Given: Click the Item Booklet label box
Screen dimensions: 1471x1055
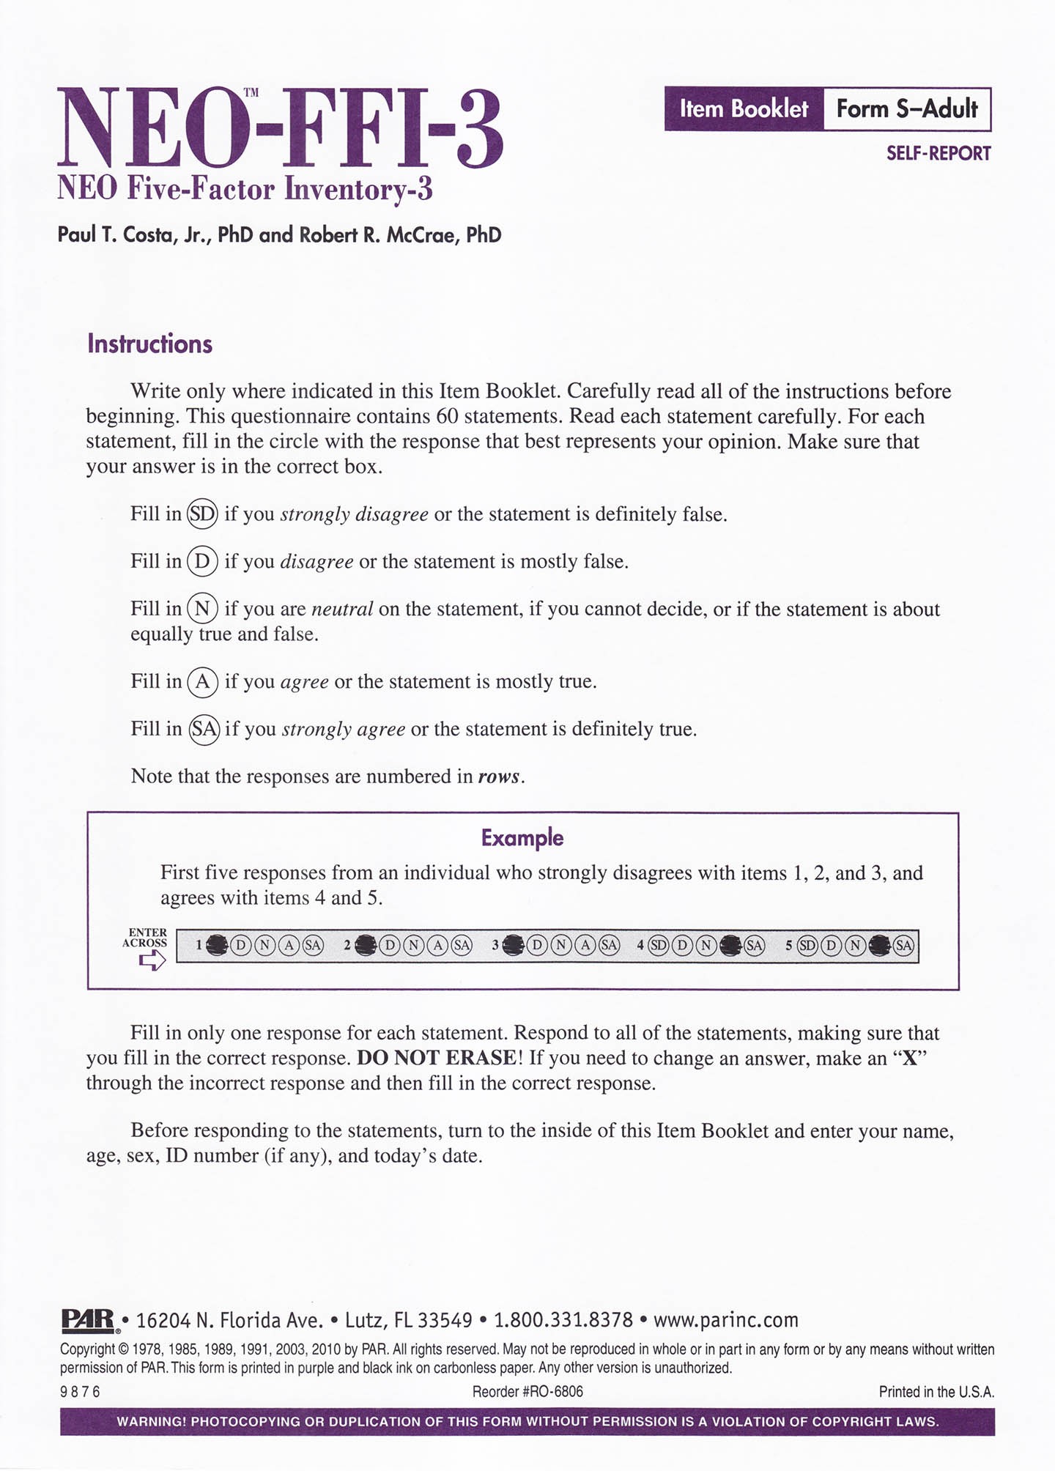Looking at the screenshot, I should point(744,109).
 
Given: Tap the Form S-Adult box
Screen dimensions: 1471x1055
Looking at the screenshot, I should point(907,109).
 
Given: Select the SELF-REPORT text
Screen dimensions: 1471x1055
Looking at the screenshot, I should point(939,154).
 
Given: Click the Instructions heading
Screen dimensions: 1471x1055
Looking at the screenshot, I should point(149,344).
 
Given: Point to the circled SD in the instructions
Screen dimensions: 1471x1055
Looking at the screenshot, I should point(203,514).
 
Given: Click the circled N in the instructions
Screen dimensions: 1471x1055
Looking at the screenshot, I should point(203,609).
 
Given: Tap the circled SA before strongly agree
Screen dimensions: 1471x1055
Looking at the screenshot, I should point(204,729).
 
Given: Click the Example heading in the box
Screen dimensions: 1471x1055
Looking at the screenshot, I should point(522,837).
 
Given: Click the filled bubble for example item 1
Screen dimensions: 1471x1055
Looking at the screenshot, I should point(217,946).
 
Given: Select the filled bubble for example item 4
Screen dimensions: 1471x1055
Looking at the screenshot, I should point(730,946).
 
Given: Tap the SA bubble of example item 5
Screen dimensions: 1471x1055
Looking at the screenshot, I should point(903,946).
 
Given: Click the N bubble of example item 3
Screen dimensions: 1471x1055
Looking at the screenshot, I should point(561,946).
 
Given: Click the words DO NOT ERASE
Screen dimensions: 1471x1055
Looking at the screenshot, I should point(436,1058).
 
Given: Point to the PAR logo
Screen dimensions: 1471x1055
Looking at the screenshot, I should point(88,1321).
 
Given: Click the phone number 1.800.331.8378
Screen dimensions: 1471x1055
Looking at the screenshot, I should point(563,1321).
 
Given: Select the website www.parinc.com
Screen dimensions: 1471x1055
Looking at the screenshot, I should point(725,1321).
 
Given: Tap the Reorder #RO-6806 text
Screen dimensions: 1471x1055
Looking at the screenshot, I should point(527,1392).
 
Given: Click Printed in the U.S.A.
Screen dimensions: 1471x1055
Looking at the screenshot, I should point(936,1392).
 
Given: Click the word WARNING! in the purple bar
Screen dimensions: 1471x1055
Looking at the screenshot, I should point(150,1422).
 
